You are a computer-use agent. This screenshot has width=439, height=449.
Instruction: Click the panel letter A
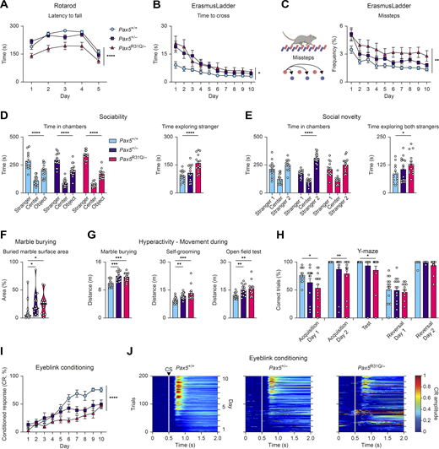[5, 6]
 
